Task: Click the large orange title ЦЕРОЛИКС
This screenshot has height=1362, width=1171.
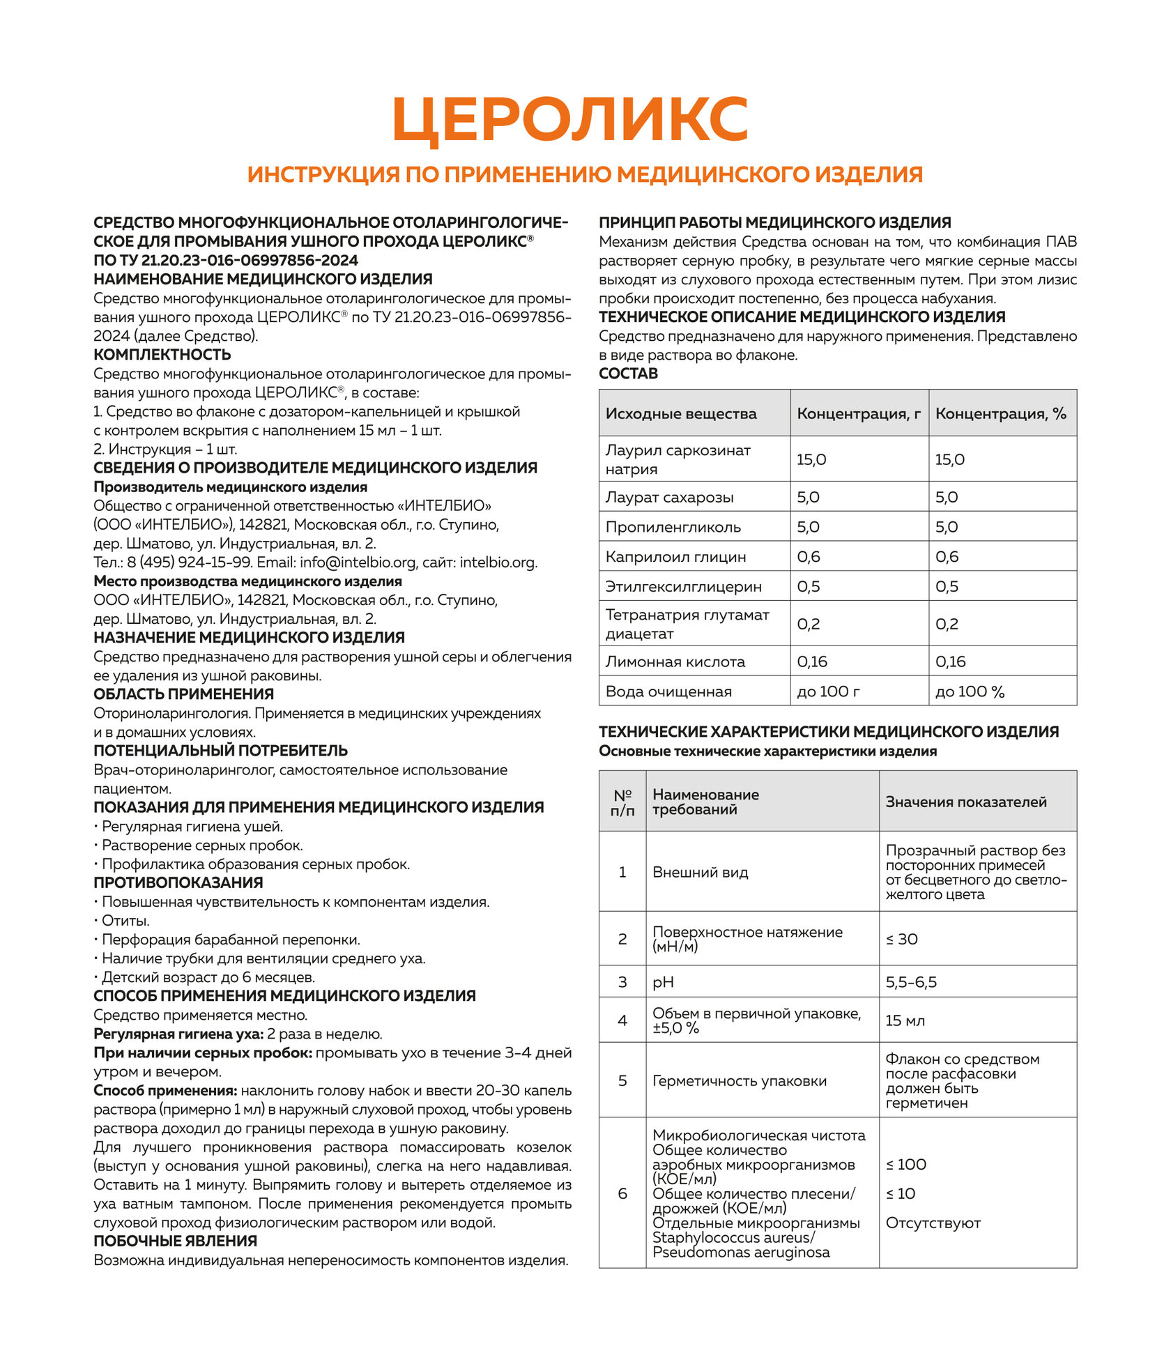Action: tap(570, 119)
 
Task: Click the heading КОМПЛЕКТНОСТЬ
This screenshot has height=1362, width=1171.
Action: tap(162, 354)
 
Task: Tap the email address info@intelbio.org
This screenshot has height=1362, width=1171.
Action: tap(358, 563)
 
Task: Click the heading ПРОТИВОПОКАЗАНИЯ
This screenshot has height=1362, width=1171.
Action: tap(178, 882)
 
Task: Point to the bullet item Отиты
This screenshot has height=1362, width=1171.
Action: tap(125, 921)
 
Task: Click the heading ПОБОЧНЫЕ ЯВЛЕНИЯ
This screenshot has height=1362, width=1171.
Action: tap(176, 1241)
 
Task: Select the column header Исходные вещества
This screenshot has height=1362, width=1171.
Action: tap(681, 413)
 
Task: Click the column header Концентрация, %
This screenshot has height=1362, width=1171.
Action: tap(1000, 413)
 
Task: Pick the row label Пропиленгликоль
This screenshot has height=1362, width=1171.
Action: tap(673, 527)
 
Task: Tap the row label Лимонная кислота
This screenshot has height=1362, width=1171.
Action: tap(675, 661)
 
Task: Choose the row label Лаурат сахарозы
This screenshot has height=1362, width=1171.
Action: tap(669, 497)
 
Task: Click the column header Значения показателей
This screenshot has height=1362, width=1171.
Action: tap(966, 802)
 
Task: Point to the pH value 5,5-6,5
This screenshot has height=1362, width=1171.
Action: tap(911, 982)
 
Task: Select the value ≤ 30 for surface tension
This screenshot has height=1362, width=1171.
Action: tap(902, 939)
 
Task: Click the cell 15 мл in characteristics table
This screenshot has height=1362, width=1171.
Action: tap(905, 1020)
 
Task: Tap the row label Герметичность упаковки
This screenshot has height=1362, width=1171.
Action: tap(740, 1081)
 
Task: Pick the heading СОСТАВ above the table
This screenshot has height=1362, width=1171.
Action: tap(628, 374)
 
